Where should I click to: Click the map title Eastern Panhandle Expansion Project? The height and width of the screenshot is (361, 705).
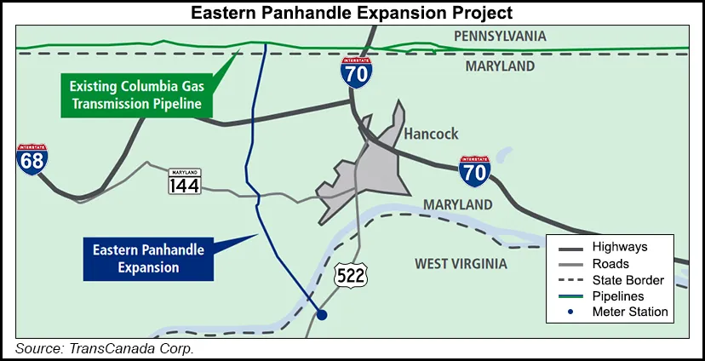click(x=352, y=12)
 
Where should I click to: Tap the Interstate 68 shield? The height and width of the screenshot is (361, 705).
click(x=32, y=159)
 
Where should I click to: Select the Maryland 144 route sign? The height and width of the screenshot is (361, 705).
click(x=184, y=180)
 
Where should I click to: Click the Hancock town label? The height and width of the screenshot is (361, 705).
click(x=431, y=134)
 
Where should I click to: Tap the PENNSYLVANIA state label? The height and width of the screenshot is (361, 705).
click(x=500, y=37)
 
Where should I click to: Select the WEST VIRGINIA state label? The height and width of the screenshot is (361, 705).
click(x=461, y=264)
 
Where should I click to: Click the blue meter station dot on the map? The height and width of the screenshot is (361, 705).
click(x=321, y=315)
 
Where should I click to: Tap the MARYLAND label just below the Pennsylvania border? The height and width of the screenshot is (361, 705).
click(x=506, y=66)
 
